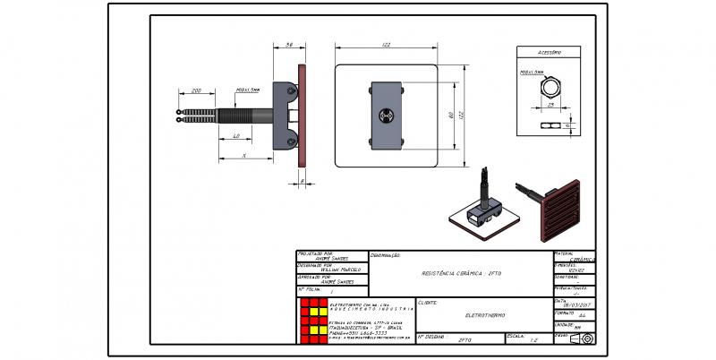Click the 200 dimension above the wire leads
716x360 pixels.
pos(196,90)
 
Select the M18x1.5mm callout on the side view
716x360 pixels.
pos(247,90)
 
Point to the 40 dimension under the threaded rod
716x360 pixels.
pos(236,136)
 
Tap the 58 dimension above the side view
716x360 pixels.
pos(290,45)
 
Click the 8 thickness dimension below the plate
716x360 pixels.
pos(303,181)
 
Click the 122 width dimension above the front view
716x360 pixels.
pos(385,45)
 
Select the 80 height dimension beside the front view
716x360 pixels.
pos(452,116)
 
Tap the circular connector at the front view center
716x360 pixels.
pos(387,116)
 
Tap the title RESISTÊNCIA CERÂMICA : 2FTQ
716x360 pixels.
pos(463,271)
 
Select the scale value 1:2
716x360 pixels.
pos(534,340)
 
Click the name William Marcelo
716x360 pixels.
pos(340,270)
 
